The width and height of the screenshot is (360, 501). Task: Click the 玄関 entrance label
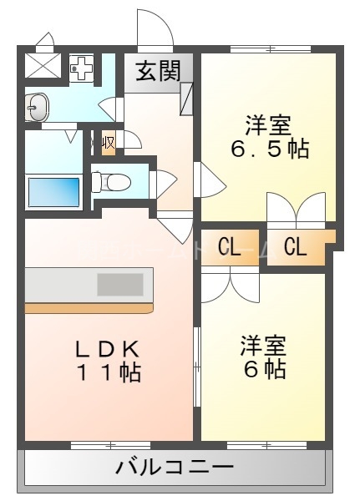click(158, 72)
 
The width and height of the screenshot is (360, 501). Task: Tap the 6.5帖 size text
click(269, 149)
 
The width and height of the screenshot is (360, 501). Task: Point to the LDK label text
click(106, 348)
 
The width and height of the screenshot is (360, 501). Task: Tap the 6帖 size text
click(264, 368)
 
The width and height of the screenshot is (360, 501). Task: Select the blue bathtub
click(53, 192)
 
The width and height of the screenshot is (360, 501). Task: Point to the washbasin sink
click(36, 106)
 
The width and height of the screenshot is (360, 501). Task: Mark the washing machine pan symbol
click(82, 70)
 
